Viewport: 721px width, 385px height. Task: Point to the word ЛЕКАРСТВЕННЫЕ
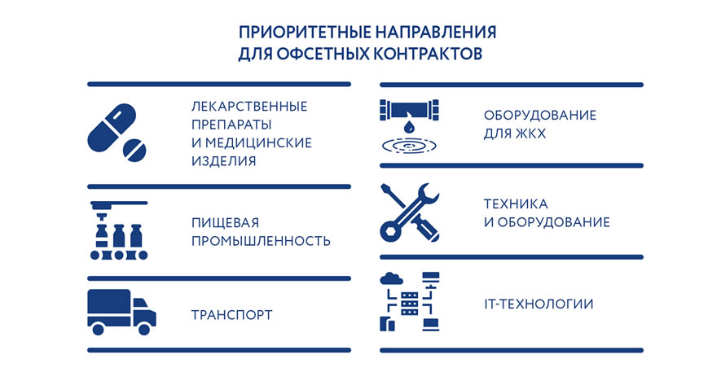pyautogui.click(x=248, y=107)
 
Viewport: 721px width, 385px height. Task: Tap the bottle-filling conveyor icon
pyautogui.click(x=117, y=230)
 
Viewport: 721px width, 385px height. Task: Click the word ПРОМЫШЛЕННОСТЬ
pyautogui.click(x=261, y=241)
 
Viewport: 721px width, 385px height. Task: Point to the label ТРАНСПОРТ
pyautogui.click(x=231, y=315)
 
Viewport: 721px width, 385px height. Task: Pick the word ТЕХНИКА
pyautogui.click(x=515, y=203)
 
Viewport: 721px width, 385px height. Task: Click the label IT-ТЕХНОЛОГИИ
pyautogui.click(x=538, y=304)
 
